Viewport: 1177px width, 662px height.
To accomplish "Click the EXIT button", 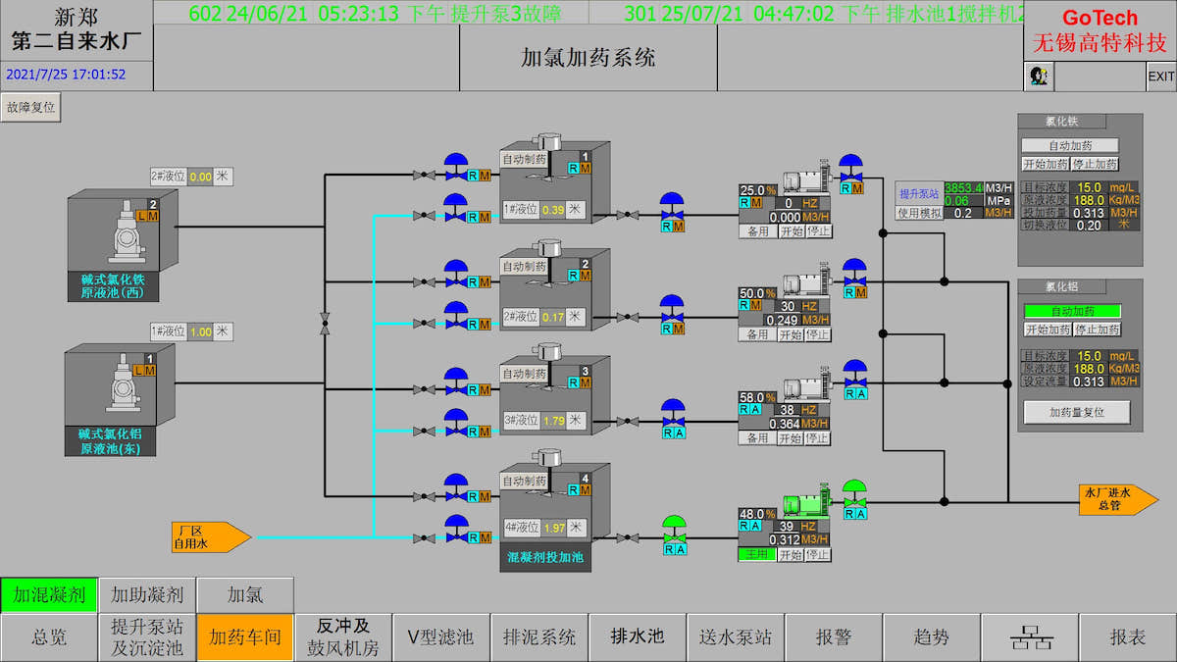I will (1161, 76).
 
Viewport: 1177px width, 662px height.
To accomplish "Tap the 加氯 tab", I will (245, 594).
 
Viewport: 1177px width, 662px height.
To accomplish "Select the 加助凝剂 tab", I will (147, 594).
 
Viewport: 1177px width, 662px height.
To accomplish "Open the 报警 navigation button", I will (834, 637).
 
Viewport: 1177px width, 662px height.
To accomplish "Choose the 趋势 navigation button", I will (932, 637).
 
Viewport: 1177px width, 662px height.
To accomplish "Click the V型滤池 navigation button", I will (441, 637).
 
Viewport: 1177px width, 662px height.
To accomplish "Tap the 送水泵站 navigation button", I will (736, 637).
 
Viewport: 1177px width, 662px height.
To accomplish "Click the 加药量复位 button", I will (1077, 413).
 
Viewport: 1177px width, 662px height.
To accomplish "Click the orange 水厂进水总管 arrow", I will (1116, 499).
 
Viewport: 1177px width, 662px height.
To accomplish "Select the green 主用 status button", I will (757, 554).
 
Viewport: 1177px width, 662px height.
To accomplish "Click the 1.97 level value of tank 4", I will (554, 528).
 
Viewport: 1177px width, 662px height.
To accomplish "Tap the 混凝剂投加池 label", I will (544, 557).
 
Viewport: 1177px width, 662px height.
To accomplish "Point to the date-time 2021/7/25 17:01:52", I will (66, 74).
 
